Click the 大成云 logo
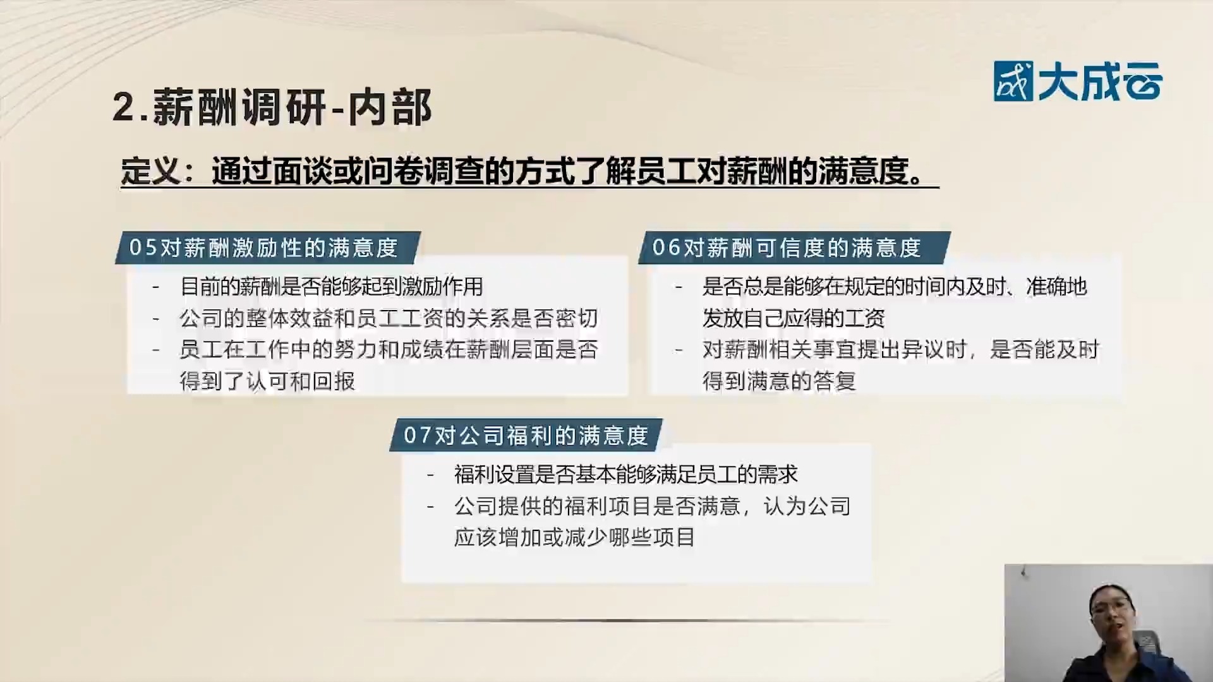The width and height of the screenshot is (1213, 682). pyautogui.click(x=1077, y=81)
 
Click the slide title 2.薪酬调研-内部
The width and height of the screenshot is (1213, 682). pyautogui.click(x=272, y=107)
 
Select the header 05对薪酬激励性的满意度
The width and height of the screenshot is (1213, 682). pyautogui.click(x=263, y=248)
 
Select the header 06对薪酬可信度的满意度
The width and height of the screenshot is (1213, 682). pyautogui.click(x=787, y=248)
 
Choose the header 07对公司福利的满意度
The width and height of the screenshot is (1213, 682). pyautogui.click(x=526, y=435)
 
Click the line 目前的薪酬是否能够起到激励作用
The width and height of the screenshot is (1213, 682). pyautogui.click(x=332, y=287)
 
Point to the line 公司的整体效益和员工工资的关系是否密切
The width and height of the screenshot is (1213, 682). pyautogui.click(x=389, y=318)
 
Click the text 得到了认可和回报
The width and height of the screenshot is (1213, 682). pyautogui.click(x=267, y=381)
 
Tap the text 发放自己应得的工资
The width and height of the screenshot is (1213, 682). pyautogui.click(x=793, y=318)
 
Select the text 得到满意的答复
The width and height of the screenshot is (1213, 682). pyautogui.click(x=779, y=381)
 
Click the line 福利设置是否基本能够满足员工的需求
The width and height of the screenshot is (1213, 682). pyautogui.click(x=625, y=474)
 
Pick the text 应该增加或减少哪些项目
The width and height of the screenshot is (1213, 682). pyautogui.click(x=574, y=537)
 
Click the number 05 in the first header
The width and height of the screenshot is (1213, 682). pyautogui.click(x=143, y=248)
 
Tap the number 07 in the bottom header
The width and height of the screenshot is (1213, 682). pyautogui.click(x=418, y=435)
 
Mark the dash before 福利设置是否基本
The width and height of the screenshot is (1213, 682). pyautogui.click(x=431, y=474)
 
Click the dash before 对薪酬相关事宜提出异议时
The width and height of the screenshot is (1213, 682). pyautogui.click(x=679, y=350)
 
